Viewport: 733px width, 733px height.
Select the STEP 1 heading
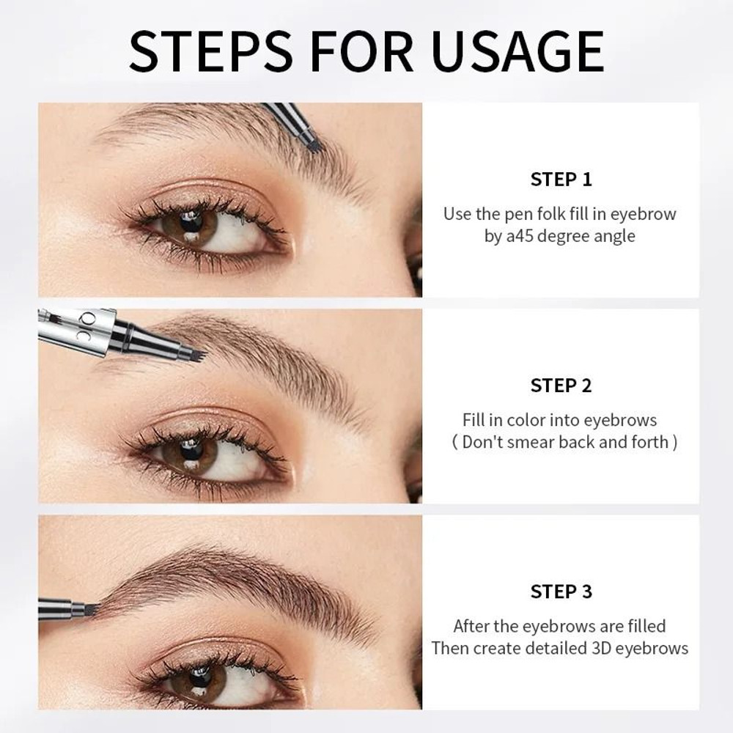click(x=561, y=179)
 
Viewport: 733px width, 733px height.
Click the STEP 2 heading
click(x=561, y=385)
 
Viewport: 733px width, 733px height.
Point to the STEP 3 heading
click(x=561, y=591)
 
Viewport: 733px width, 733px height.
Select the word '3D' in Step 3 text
click(x=602, y=648)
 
